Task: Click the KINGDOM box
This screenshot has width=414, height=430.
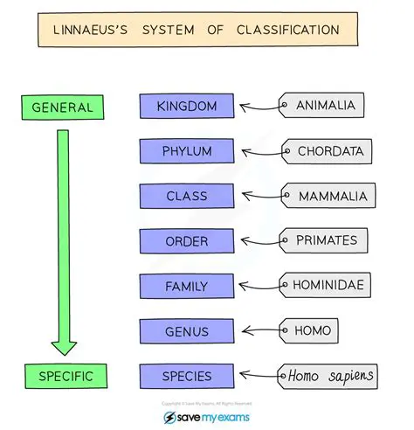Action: point(187,107)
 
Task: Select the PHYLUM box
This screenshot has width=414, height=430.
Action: point(187,151)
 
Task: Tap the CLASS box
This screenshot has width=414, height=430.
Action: point(187,197)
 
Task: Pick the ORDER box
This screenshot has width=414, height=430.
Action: point(187,241)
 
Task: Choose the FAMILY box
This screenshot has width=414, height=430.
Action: point(187,286)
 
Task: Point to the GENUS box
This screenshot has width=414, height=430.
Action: point(187,331)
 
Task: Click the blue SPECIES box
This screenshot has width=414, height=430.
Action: point(187,377)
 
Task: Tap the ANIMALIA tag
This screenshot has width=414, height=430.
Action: point(325,107)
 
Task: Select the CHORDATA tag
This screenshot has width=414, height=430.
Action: point(329,151)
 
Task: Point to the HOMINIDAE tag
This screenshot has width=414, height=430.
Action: point(329,285)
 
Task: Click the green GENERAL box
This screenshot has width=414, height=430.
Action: point(62,107)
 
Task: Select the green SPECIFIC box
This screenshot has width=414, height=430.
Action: point(62,377)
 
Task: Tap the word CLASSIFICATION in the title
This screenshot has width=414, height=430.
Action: point(286,31)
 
